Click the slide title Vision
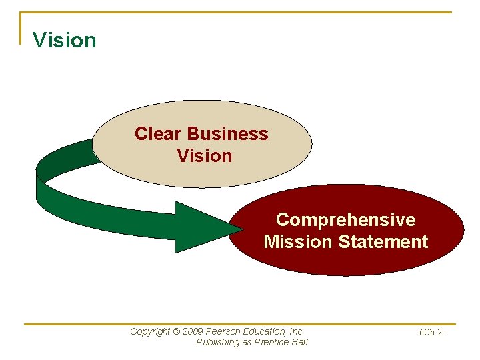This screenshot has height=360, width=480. (65, 40)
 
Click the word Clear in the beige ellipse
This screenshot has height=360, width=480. (159, 134)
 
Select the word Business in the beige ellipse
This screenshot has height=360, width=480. (228, 134)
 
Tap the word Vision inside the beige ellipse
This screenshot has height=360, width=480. (204, 156)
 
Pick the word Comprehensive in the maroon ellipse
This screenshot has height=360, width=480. (345, 220)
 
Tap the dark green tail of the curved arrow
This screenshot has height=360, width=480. (63, 157)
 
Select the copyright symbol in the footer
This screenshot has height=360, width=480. (177, 331)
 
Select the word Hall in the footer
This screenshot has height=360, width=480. (300, 342)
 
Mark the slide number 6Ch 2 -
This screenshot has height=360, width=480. (433, 332)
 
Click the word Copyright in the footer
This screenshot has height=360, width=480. (150, 331)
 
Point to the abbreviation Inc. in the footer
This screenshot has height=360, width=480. (297, 331)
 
